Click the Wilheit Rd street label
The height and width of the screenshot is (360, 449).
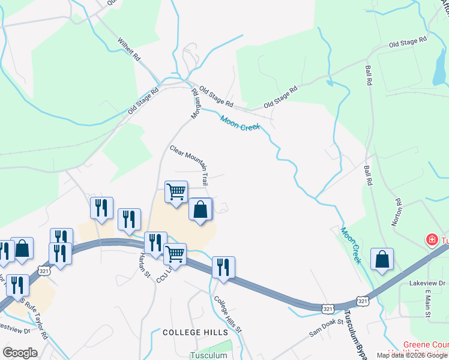pyautogui.click(x=129, y=50)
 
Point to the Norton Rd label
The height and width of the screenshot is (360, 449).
pyautogui.click(x=396, y=211)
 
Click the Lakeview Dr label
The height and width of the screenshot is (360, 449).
pyautogui.click(x=426, y=283)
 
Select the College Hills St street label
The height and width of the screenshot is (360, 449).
pyautogui.click(x=228, y=314)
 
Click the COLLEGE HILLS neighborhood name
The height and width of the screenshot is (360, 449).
pyautogui.click(x=195, y=332)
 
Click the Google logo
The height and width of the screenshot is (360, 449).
pyautogui.click(x=20, y=353)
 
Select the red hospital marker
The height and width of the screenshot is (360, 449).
pyautogui.click(x=431, y=241)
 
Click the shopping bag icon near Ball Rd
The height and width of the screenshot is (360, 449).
pyautogui.click(x=382, y=259)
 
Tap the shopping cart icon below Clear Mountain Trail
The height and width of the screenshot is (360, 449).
pyautogui.click(x=176, y=192)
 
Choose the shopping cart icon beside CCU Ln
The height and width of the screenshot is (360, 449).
pyautogui.click(x=175, y=254)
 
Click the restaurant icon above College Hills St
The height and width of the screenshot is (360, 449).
pyautogui.click(x=223, y=267)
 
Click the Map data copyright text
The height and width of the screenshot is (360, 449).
pyautogui.click(x=412, y=355)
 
